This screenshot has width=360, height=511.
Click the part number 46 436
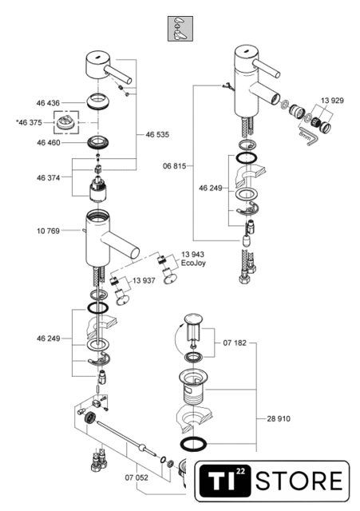click(x=48, y=103)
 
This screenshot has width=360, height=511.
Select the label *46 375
click(x=29, y=122)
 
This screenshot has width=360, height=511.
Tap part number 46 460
click(x=49, y=143)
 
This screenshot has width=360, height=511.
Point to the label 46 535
click(x=157, y=135)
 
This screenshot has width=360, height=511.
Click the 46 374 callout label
click(x=48, y=177)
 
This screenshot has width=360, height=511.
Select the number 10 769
click(x=48, y=231)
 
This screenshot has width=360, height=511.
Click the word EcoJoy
click(x=193, y=263)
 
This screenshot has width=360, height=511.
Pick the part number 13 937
click(x=144, y=280)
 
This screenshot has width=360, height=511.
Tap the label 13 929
click(x=332, y=101)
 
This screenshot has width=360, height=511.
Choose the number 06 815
click(x=175, y=166)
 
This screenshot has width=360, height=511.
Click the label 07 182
click(x=235, y=343)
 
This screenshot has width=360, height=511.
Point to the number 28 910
click(x=279, y=418)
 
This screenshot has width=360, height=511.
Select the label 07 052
click(x=136, y=477)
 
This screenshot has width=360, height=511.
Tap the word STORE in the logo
click(x=299, y=481)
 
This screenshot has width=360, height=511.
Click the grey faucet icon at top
click(x=180, y=29)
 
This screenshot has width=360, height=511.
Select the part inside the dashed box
click(x=66, y=122)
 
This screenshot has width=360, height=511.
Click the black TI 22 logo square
click(x=225, y=481)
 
